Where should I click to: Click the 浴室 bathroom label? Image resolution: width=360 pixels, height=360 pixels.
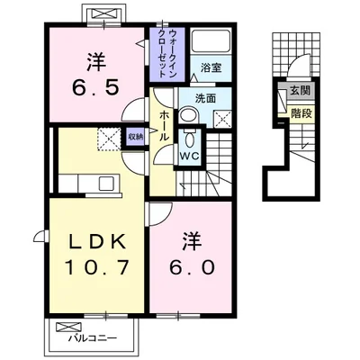point(211,67)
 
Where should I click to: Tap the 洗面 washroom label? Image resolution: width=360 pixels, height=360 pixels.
point(205,99)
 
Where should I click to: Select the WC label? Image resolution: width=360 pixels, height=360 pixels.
point(190,156)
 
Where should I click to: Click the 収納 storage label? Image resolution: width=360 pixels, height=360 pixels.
point(135,137)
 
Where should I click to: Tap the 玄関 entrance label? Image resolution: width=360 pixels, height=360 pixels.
point(300,90)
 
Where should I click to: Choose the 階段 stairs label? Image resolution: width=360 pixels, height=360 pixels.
point(301,113)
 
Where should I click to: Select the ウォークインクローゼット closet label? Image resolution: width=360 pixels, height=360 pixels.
point(168,53)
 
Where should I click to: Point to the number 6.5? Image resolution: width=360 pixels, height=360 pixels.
point(96,87)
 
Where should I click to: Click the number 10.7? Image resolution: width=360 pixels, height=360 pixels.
point(97,267)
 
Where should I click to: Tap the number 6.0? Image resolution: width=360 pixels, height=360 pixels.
point(192,267)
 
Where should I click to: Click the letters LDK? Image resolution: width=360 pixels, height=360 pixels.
point(97,241)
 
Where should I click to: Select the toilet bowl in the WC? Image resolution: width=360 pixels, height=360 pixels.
point(190,139)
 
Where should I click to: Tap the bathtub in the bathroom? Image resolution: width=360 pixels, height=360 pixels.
point(211,41)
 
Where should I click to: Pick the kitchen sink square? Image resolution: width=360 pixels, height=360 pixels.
point(106,183)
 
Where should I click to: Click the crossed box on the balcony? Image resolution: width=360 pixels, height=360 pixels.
point(68,327)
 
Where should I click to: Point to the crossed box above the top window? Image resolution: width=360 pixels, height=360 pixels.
point(104,13)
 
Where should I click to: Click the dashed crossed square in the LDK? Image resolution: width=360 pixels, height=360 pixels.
point(109,139)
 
